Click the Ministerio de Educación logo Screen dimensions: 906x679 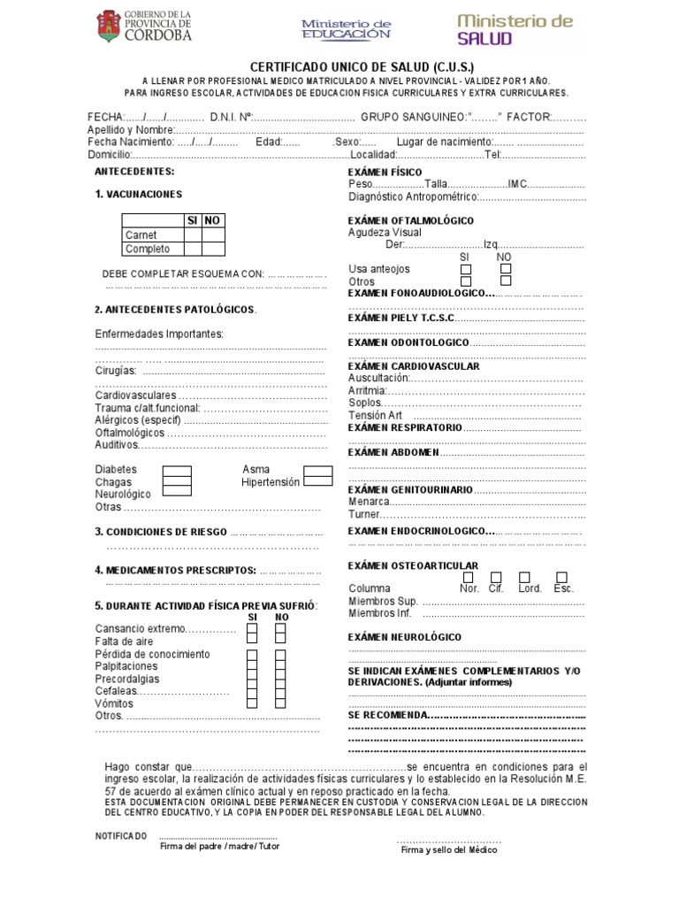346,29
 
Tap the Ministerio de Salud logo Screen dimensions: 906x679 515,28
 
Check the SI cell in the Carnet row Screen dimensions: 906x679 192,235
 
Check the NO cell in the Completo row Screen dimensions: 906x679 213,250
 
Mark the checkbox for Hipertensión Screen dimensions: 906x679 317,481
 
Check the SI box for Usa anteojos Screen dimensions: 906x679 466,269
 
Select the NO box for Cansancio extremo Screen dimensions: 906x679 280,629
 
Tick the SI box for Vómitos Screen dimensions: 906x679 252,703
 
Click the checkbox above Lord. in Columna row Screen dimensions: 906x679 525,577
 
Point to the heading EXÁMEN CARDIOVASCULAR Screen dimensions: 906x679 414,366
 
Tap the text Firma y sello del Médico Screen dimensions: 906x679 449,850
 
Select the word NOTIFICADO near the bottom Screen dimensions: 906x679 121,836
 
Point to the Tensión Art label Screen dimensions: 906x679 376,415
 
